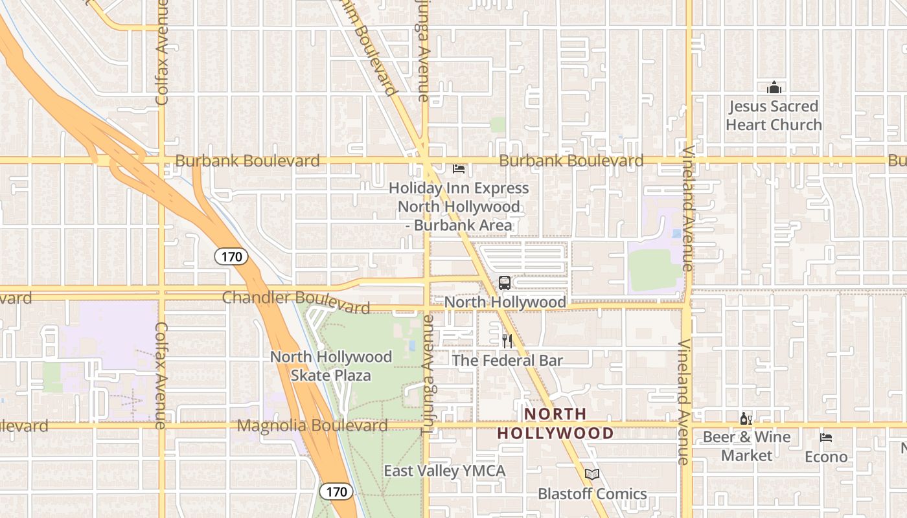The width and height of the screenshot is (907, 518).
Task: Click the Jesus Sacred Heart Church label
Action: click(774, 115)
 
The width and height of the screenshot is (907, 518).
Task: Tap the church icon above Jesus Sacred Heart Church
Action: click(774, 87)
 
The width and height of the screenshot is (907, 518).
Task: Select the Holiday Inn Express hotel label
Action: click(459, 207)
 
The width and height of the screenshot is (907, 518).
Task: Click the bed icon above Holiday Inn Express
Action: click(459, 169)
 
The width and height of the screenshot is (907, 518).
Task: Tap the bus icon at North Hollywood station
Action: click(505, 283)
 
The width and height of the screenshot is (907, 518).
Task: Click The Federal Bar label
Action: click(507, 361)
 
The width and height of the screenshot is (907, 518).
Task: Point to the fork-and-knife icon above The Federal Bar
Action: click(507, 341)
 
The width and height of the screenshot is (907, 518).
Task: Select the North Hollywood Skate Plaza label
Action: click(331, 366)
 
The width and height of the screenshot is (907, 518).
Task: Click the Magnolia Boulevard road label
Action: click(312, 425)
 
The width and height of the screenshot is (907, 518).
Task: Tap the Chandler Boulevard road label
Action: click(296, 300)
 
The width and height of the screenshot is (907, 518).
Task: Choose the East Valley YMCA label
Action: click(444, 471)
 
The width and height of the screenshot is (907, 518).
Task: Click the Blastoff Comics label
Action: click(592, 494)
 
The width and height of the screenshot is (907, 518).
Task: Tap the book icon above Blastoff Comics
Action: click(592, 475)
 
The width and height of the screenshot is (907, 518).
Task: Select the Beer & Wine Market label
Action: click(747, 446)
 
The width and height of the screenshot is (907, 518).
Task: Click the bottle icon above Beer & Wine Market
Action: click(746, 419)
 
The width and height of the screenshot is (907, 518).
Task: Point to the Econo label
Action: click(826, 457)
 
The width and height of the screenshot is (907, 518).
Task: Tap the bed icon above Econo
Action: click(826, 438)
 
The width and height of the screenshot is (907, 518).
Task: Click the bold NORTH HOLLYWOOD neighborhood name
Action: click(555, 423)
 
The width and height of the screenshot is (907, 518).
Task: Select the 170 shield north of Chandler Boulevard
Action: click(231, 257)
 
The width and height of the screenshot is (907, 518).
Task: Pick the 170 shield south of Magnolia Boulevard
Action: click(336, 491)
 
